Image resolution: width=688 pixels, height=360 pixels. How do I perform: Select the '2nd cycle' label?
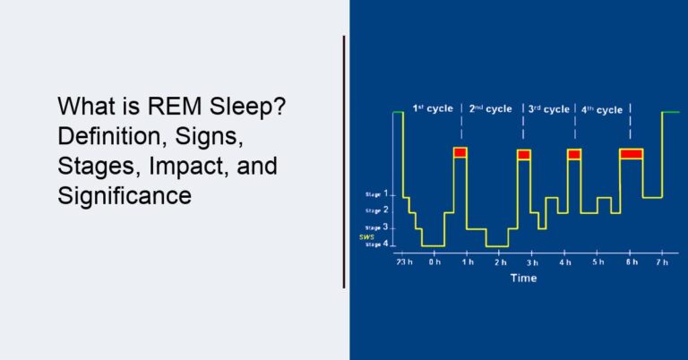pyautogui.click(x=490, y=108)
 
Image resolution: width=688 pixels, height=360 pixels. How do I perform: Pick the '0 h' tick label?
pyautogui.click(x=434, y=262)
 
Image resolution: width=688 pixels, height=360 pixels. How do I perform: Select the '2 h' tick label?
pyautogui.click(x=499, y=262)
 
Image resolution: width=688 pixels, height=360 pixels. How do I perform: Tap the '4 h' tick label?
pyautogui.click(x=564, y=262)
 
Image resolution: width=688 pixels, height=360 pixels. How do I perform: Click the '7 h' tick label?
pyautogui.click(x=662, y=262)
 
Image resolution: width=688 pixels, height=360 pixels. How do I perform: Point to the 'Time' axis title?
pyautogui.click(x=523, y=279)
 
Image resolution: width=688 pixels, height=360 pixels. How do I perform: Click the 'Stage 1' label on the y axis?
pyautogui.click(x=378, y=193)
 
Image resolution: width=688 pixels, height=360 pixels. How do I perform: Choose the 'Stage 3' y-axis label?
pyautogui.click(x=378, y=227)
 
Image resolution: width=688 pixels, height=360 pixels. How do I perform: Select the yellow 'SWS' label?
pyautogui.click(x=366, y=237)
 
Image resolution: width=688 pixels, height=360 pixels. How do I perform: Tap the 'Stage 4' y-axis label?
pyautogui.click(x=378, y=244)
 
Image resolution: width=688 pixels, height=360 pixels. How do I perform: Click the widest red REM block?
pyautogui.click(x=632, y=154)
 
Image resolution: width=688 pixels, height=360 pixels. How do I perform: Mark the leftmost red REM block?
pyautogui.click(x=460, y=153)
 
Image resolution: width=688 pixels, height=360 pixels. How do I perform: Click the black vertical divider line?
pyautogui.click(x=344, y=161)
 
